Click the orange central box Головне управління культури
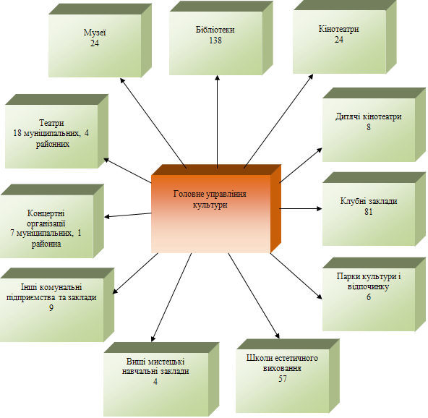click(x=215, y=209)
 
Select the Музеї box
click(x=100, y=40)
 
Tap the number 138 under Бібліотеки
click(x=215, y=40)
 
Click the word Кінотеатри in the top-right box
click(x=338, y=29)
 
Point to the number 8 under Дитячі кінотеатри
click(x=369, y=127)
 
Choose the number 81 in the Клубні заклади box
click(x=369, y=212)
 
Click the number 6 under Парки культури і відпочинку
click(x=369, y=297)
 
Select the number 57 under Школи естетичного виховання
click(x=283, y=379)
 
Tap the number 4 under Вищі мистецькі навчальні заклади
click(x=155, y=381)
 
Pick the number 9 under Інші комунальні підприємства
click(x=51, y=307)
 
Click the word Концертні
click(x=46, y=213)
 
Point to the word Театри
click(x=51, y=123)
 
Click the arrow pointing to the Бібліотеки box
click(x=218, y=121)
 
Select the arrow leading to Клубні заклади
click(x=301, y=208)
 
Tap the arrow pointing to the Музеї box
click(x=153, y=123)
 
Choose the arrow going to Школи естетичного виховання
click(x=254, y=296)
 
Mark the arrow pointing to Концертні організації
click(x=128, y=215)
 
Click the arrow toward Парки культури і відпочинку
click(x=296, y=276)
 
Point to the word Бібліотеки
click(x=215, y=30)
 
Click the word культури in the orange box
click(x=210, y=205)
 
